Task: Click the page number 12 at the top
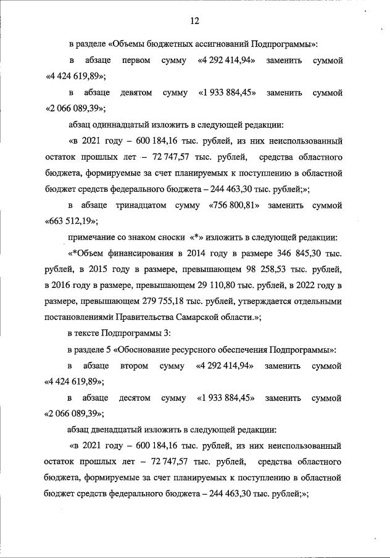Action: click(194, 21)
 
